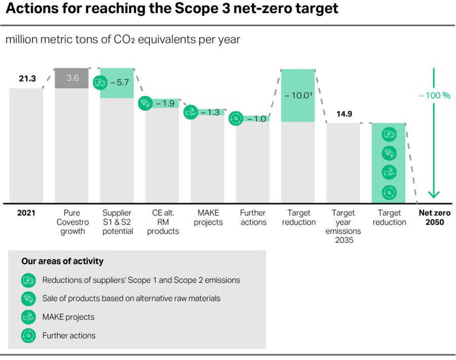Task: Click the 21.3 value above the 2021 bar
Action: click(27, 79)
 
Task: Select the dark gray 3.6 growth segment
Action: click(71, 78)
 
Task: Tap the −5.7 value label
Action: click(120, 82)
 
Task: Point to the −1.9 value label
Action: click(165, 103)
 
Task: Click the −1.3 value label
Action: click(210, 113)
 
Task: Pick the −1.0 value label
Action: click(256, 119)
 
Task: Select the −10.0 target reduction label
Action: click(298, 95)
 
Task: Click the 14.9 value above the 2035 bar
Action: click(344, 114)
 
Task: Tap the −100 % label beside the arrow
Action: click(435, 95)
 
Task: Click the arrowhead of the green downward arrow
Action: click(434, 195)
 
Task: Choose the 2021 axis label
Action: click(26, 213)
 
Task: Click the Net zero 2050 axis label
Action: click(435, 218)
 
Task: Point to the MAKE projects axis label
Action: click(208, 218)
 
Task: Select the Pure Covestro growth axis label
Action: click(72, 222)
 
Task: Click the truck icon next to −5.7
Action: click(100, 82)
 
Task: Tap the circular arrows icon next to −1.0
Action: click(236, 119)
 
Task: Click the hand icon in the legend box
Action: click(28, 317)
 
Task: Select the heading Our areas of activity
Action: click(62, 261)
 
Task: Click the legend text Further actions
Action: click(69, 336)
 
